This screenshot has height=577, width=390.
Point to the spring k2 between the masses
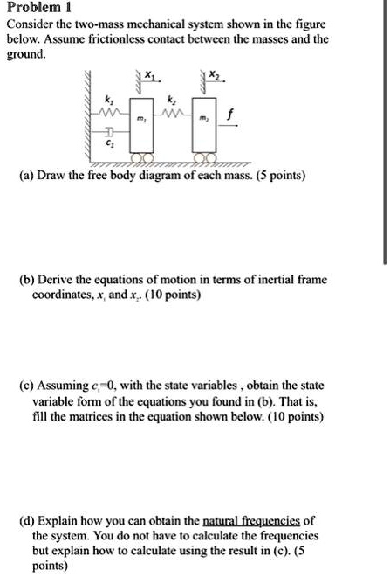pyautogui.click(x=172, y=113)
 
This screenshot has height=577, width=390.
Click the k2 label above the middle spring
pyautogui.click(x=172, y=100)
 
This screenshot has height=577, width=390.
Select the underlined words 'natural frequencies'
pyautogui.click(x=253, y=520)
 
